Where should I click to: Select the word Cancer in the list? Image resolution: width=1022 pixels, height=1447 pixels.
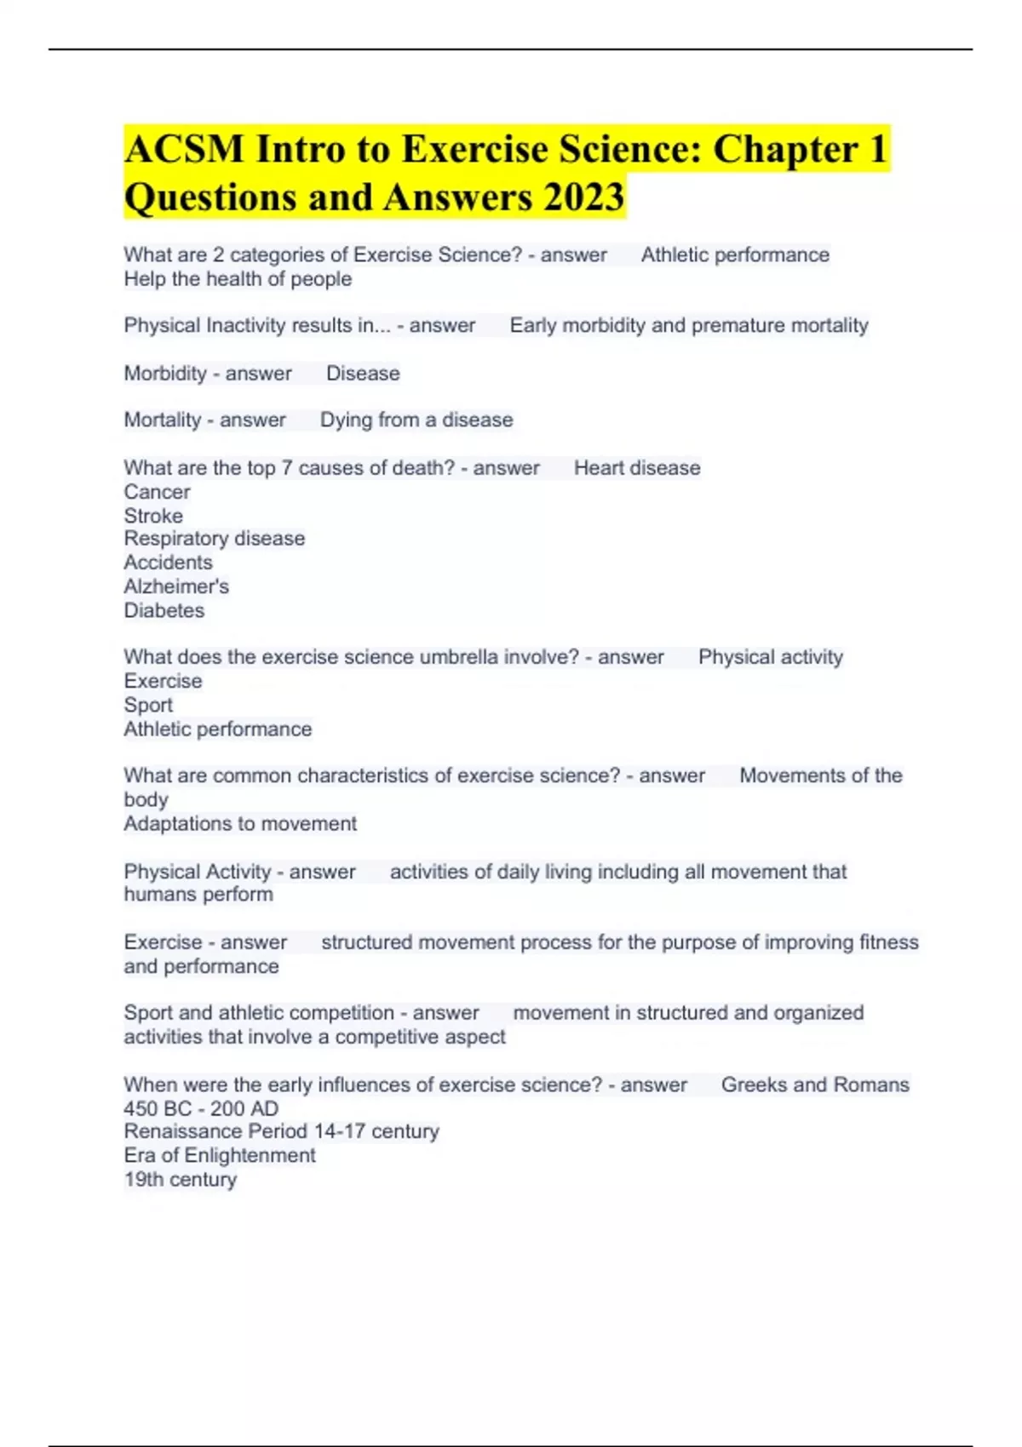(x=157, y=492)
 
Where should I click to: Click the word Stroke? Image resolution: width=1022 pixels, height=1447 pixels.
(x=153, y=516)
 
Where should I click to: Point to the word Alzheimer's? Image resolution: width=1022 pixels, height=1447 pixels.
(x=176, y=586)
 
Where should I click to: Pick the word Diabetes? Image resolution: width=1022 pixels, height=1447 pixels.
(x=164, y=610)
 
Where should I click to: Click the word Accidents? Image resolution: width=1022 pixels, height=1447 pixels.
(x=168, y=563)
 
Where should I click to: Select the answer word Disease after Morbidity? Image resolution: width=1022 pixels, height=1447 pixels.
(x=363, y=374)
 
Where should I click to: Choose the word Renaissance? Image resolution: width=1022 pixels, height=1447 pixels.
(x=182, y=1132)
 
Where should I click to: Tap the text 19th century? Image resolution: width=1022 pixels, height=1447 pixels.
(x=181, y=1180)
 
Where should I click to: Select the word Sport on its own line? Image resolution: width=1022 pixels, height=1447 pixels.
(x=148, y=706)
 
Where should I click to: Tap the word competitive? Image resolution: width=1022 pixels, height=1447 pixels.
(x=399, y=1037)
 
